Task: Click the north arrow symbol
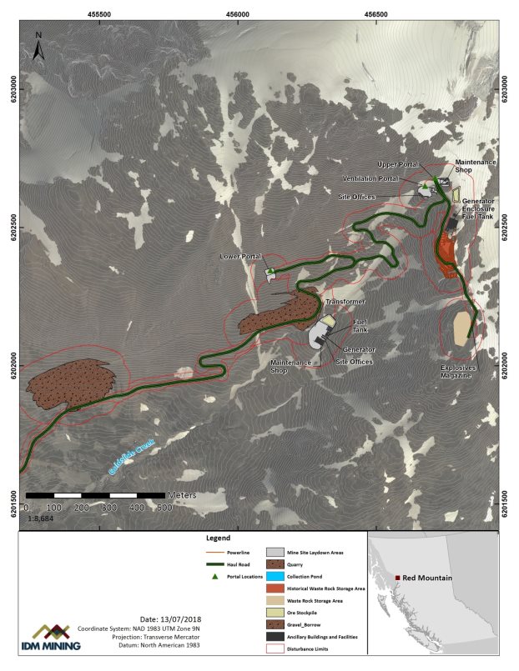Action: [x=38, y=48]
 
